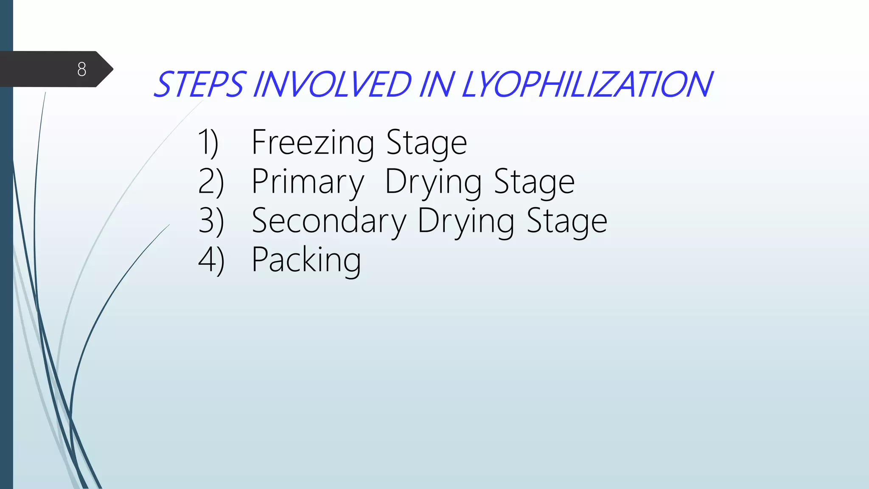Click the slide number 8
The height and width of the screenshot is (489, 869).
click(x=82, y=69)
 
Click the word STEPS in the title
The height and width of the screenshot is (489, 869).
click(x=199, y=84)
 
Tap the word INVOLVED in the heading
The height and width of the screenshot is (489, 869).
click(x=332, y=84)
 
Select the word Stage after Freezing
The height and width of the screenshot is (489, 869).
click(x=427, y=143)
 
